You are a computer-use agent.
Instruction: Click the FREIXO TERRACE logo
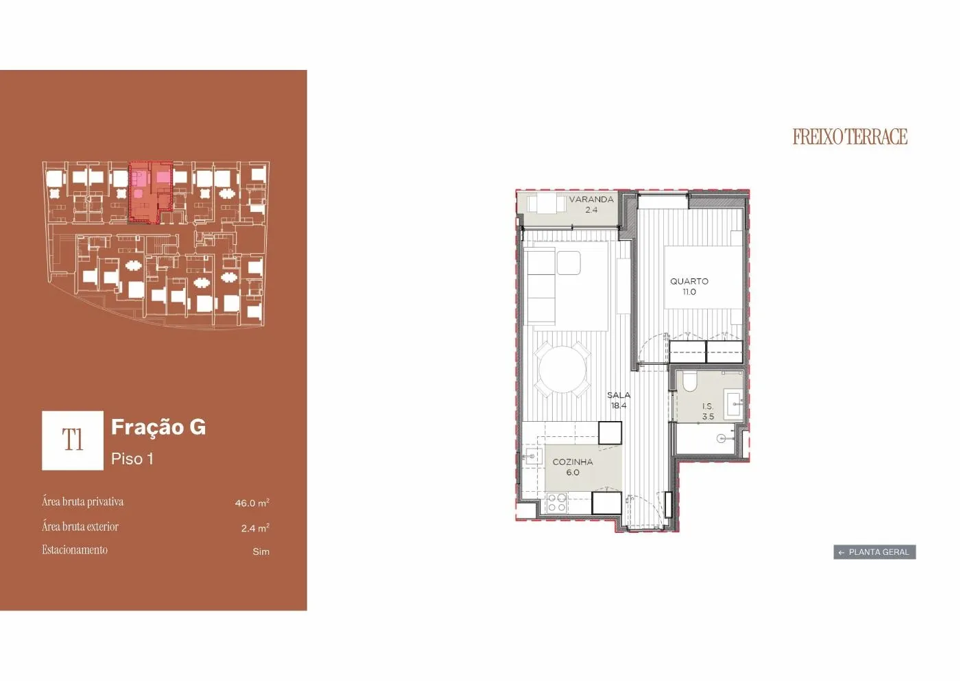coord(850,136)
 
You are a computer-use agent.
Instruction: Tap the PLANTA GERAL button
coord(875,552)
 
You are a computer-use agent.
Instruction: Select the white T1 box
coord(73,440)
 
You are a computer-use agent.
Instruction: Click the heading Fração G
coord(158,427)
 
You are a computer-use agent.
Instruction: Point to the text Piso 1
coord(132,459)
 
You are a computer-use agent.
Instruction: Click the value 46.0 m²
coord(252,503)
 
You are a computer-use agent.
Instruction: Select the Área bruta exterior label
coord(80,527)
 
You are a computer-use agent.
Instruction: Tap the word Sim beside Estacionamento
coord(261,551)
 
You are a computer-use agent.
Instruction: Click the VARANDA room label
coord(591,200)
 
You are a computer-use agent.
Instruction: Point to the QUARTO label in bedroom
coord(689,281)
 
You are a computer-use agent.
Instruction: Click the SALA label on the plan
coord(619,394)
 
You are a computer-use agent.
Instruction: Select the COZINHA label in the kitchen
coord(573,462)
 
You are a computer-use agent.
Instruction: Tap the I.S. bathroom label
coord(708,406)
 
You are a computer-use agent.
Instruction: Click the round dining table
coord(562,370)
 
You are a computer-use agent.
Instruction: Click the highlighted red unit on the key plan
coord(150,192)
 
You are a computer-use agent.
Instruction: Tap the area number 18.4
coord(619,405)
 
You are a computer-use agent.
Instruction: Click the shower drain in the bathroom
coord(721,438)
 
